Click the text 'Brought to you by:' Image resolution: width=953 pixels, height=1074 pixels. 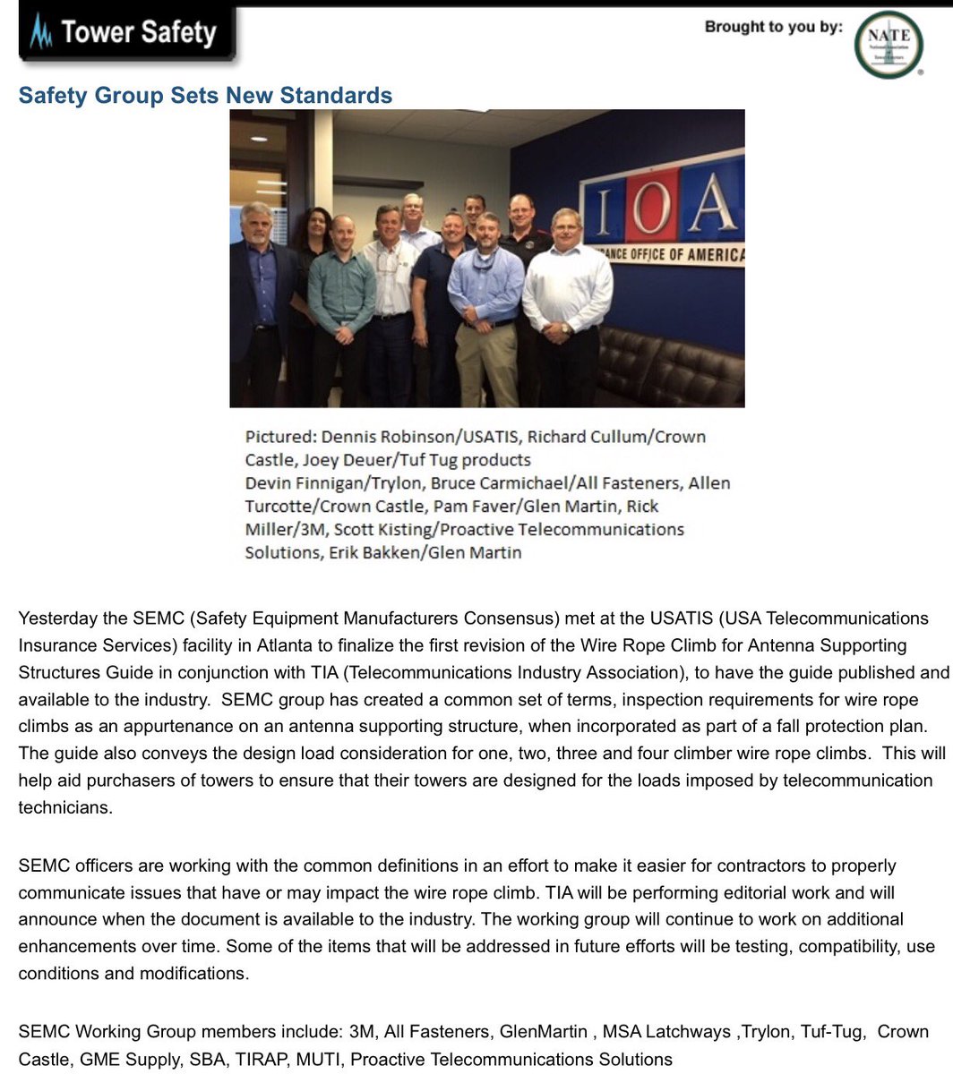point(773,27)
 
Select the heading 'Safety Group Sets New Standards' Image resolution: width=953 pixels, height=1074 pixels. point(205,96)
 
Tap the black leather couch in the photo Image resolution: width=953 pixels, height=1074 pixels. point(672,367)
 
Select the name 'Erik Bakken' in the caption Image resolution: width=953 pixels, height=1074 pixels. point(368,553)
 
